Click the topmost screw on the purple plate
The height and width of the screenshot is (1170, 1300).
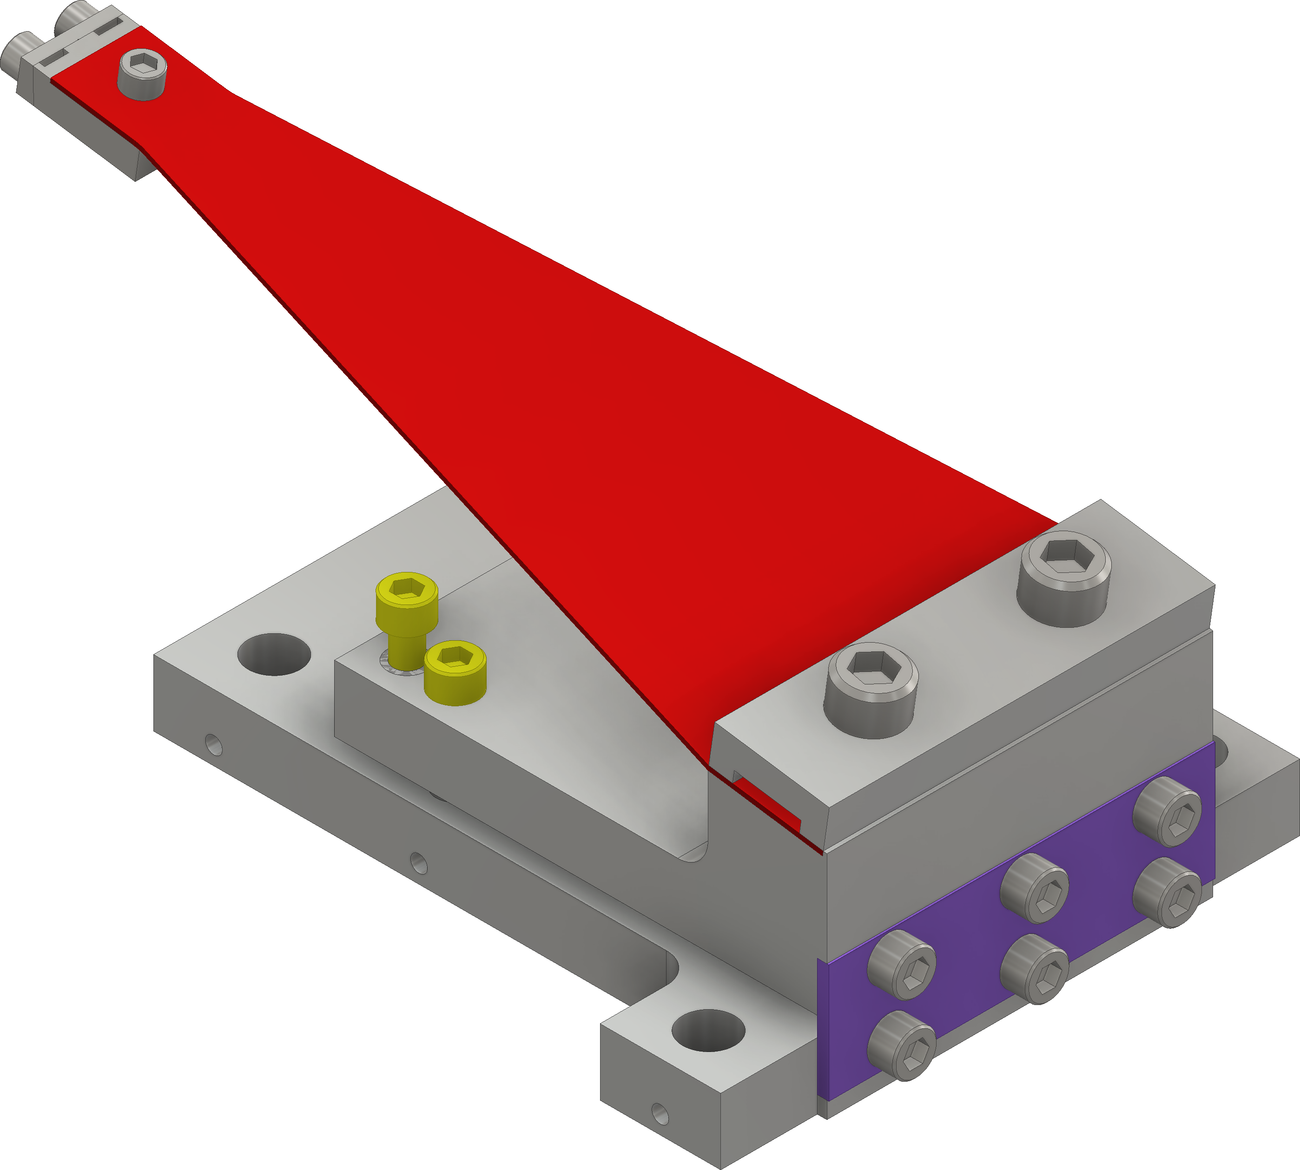point(1168,811)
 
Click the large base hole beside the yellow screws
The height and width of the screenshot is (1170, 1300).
point(274,654)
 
